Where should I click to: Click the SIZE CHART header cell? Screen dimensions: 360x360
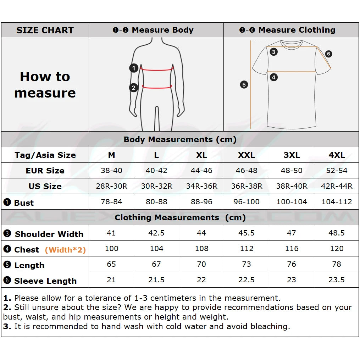point(45,30)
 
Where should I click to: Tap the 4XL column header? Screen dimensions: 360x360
point(337,155)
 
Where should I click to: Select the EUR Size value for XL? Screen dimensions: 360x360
point(201,171)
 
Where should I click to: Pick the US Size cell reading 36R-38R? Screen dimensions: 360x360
point(247,186)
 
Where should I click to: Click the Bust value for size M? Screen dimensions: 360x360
point(111,202)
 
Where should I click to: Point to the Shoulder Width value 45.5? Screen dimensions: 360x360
point(247,233)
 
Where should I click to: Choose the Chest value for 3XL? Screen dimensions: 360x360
point(292,249)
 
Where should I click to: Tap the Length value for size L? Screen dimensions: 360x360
point(156,264)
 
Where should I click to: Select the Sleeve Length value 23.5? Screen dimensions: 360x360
point(337,280)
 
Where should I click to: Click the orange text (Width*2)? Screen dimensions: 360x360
point(65,250)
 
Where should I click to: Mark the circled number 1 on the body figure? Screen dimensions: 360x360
point(134,68)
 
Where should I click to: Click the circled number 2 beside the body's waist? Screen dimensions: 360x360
point(134,87)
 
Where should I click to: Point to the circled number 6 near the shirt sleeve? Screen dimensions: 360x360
point(328,54)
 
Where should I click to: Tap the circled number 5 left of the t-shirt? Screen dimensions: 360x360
point(244,85)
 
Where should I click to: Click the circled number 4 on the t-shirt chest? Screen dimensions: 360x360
point(273,77)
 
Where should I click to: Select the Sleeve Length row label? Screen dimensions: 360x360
point(45,281)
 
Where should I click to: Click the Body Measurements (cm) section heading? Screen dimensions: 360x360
point(180,139)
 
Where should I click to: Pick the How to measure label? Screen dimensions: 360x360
point(45,85)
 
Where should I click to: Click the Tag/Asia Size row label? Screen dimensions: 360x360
point(45,155)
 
